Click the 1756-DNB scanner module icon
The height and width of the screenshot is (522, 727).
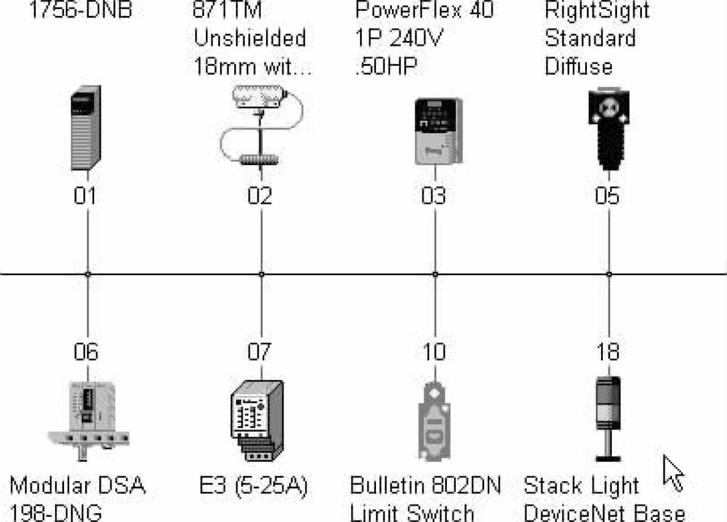[x=86, y=128]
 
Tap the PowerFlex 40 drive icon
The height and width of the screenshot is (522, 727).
[x=437, y=131]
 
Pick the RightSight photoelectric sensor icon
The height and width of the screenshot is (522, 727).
[x=608, y=128]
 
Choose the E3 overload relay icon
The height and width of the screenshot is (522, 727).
[x=256, y=419]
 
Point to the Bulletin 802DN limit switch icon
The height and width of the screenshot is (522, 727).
[x=434, y=420]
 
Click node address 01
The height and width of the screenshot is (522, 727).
[x=85, y=196]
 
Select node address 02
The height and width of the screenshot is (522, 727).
[x=260, y=196]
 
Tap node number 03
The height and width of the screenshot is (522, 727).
[x=434, y=196]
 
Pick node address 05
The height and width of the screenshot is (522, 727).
[x=607, y=196]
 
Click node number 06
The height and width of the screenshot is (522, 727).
[x=86, y=352]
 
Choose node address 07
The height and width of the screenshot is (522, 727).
[x=259, y=352]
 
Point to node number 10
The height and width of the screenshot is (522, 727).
[x=433, y=352]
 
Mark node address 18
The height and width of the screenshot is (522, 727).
[x=607, y=352]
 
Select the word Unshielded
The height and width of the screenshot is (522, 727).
[x=250, y=38]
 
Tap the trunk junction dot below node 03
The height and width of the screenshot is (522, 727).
[x=435, y=274]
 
